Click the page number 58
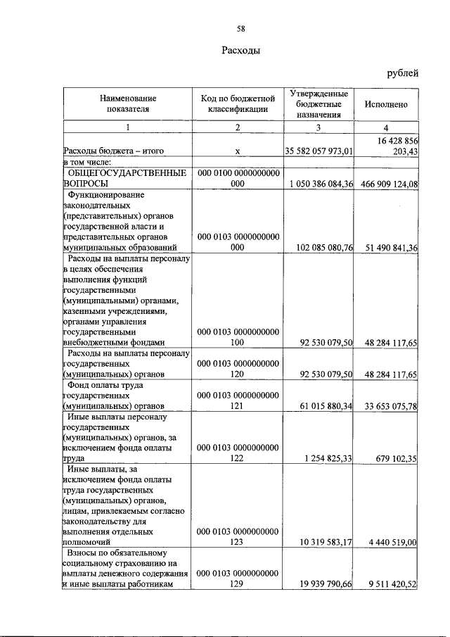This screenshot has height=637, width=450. pos(240,28)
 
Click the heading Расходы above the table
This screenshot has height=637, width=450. pos(240,51)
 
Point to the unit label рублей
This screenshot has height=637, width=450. pos(403,72)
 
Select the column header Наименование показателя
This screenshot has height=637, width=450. pos(127,103)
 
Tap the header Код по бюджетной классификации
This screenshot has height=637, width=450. pos(238,103)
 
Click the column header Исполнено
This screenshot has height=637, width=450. pos(386,103)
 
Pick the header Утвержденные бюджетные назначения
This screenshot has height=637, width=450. pos(318,103)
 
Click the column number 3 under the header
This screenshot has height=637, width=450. pos(318,127)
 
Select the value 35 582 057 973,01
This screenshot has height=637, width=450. pos(318,151)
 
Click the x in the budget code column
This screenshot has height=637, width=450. pos(238,151)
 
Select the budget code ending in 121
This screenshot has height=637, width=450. pos(238,401)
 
